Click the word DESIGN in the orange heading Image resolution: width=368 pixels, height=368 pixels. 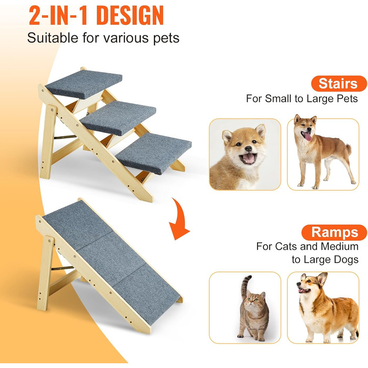tap(130, 15)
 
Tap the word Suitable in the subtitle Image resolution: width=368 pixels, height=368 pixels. tap(53, 37)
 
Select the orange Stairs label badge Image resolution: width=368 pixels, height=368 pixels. tap(339, 84)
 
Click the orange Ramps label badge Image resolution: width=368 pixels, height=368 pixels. tap(334, 232)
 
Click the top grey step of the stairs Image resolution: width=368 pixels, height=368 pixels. tap(84, 84)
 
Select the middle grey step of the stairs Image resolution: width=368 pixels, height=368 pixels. tap(118, 118)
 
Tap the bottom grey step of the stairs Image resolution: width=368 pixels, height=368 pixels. tap(154, 153)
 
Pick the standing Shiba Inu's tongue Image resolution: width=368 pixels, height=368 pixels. tap(307, 136)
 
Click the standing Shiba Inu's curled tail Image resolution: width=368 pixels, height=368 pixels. tap(348, 149)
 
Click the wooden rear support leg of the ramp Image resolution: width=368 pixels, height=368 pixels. tap(45, 273)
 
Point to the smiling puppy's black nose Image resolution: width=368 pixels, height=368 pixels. tap(248, 149)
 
